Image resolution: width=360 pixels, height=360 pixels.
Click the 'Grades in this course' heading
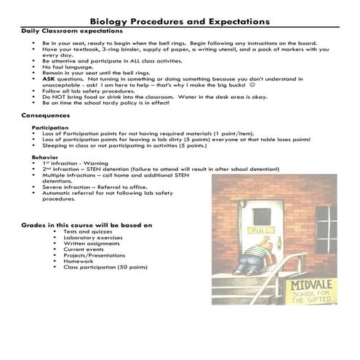click(x=87, y=225)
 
